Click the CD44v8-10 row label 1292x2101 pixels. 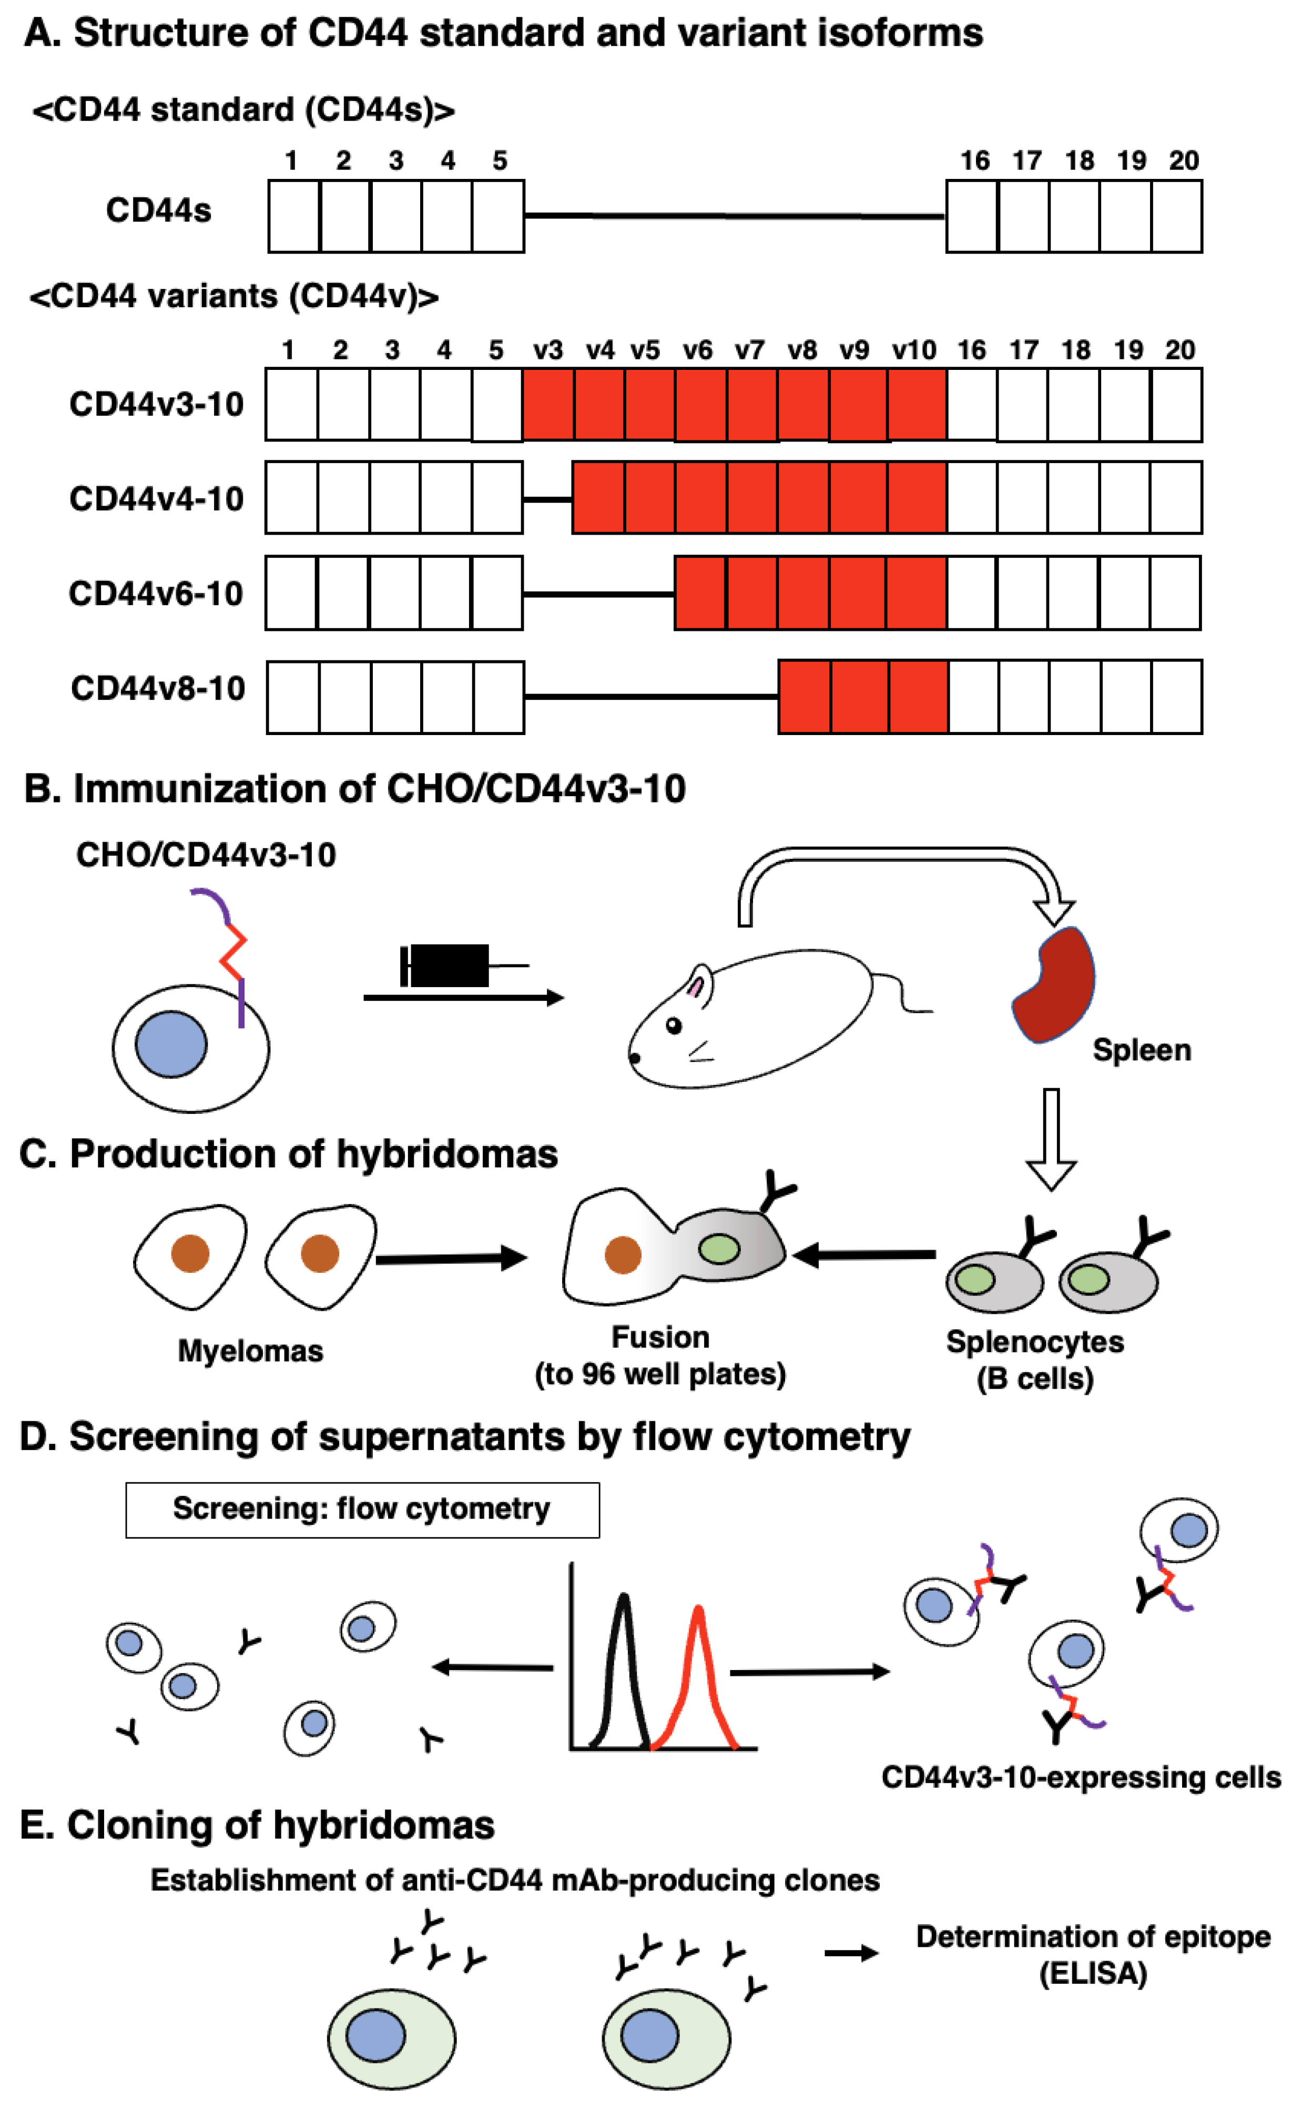158,688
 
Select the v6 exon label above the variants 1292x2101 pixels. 697,350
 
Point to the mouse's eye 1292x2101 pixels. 673,1026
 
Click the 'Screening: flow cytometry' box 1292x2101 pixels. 362,1510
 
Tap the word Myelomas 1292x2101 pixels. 250,1351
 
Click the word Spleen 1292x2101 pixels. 1142,1050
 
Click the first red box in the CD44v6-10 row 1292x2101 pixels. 700,593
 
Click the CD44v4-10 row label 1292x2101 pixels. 156,498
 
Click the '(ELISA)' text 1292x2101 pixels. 1093,1975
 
